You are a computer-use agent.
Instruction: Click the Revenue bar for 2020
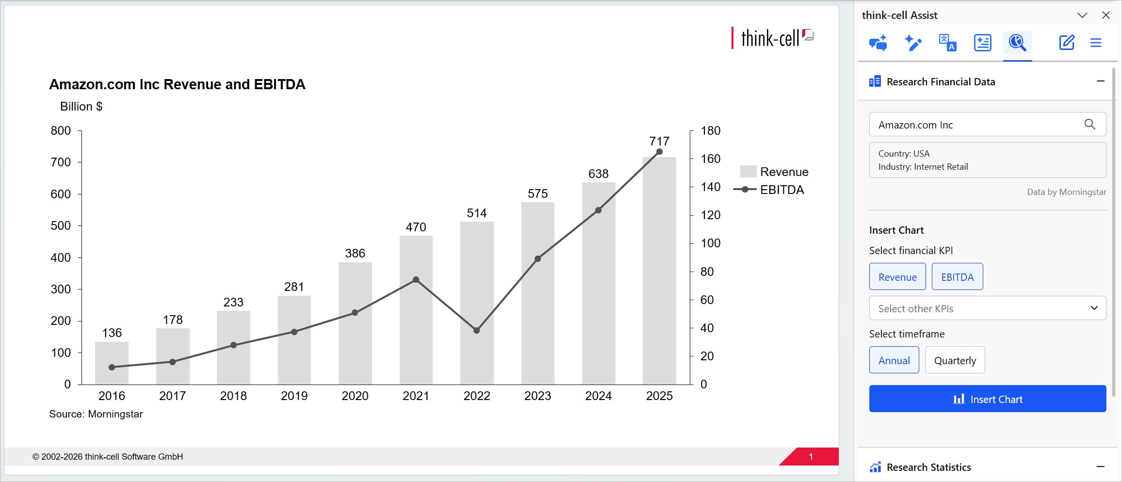coord(355,323)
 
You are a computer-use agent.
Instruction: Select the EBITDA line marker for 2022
coord(476,331)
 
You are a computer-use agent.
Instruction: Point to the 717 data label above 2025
coord(659,141)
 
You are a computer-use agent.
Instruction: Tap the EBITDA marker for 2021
coord(416,280)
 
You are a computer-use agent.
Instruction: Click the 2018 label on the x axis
coord(233,396)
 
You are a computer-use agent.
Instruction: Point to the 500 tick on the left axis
coord(61,225)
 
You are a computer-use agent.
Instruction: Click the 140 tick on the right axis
coord(711,187)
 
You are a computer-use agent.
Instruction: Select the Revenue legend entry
coord(774,172)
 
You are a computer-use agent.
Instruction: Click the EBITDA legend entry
coord(768,190)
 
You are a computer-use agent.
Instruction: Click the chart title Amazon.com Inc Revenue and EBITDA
coord(177,84)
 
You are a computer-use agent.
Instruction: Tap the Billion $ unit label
coord(81,106)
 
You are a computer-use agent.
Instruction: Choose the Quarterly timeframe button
coord(955,360)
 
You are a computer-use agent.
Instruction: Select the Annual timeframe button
coord(894,360)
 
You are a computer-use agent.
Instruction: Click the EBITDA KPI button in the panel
coord(957,276)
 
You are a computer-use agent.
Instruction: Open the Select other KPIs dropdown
coord(988,308)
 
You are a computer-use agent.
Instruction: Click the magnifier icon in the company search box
coord(1089,125)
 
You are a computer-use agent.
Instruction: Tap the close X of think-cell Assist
coord(1106,15)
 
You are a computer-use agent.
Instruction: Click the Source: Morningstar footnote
coord(96,414)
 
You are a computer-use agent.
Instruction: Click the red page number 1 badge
coord(810,456)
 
